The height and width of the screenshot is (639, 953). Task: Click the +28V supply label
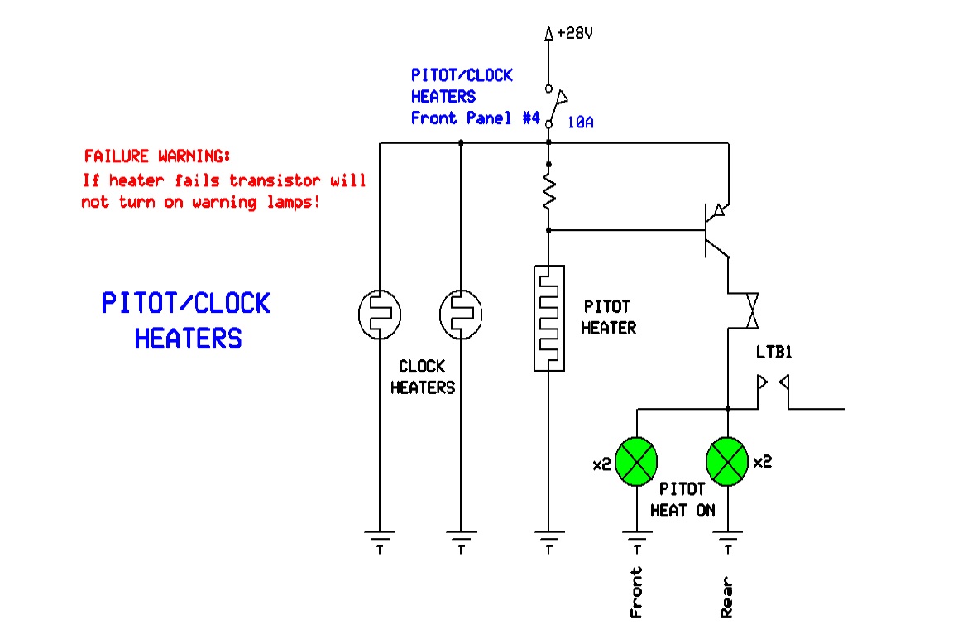[x=575, y=34]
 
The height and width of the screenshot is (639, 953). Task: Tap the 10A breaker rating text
[x=580, y=123]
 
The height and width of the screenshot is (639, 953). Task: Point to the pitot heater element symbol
[x=548, y=318]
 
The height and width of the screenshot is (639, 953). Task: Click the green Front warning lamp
[x=637, y=463]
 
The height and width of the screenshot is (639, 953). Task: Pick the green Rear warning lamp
[x=727, y=463]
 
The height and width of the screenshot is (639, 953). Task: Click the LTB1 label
[x=774, y=353]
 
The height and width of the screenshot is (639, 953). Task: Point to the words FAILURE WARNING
[x=158, y=156]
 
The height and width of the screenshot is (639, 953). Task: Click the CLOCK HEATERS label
[x=422, y=377]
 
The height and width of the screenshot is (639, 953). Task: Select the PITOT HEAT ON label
[x=682, y=500]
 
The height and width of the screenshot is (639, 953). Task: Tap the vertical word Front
[x=636, y=593]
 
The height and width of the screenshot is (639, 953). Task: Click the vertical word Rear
[x=727, y=598]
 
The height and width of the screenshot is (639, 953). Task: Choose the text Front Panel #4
[x=476, y=118]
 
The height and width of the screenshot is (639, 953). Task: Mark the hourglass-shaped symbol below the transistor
[x=750, y=310]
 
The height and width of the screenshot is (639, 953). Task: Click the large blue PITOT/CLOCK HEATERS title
[x=186, y=320]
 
